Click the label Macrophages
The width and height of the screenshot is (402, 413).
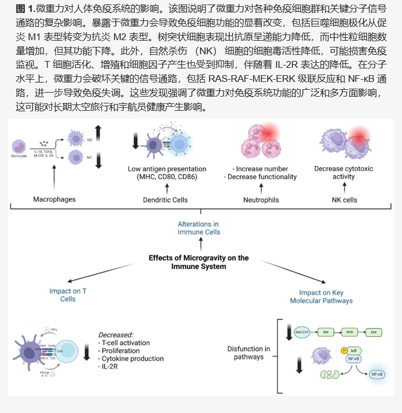coord(54,199)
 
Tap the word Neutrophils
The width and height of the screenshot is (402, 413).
coord(260,199)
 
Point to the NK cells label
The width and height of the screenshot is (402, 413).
coord(344,199)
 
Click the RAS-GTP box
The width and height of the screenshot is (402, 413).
coord(302,332)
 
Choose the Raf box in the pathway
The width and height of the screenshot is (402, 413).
coord(326,332)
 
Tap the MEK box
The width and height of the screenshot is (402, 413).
coord(349,332)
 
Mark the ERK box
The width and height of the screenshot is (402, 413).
coord(373,332)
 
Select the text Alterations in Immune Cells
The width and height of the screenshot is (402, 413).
coord(199,228)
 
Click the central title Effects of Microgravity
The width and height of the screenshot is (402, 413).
coord(199,262)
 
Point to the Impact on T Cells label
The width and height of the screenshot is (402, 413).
coord(68,295)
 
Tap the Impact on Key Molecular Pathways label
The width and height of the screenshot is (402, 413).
coord(321,297)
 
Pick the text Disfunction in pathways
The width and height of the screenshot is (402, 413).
coord(248,353)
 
